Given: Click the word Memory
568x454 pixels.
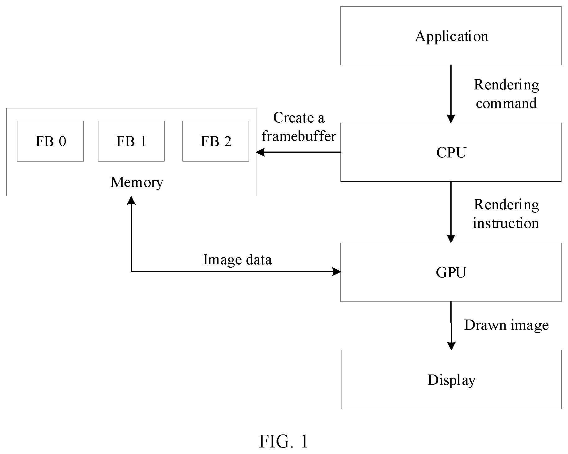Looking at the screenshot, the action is [x=137, y=182].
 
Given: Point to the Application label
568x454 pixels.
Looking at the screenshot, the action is [x=452, y=37].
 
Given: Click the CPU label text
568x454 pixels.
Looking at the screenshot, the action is [x=451, y=152].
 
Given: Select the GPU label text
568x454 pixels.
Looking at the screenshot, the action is [x=451, y=272].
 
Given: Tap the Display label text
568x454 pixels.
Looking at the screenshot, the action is [x=451, y=380].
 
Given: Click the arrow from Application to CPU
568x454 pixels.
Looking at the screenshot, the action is [x=451, y=94].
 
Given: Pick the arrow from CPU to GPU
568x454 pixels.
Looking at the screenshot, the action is [x=451, y=212].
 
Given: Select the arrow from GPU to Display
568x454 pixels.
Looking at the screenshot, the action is [x=451, y=326].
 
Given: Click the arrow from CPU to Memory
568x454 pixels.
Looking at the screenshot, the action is [x=299, y=152].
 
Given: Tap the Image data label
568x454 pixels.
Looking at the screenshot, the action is [x=237, y=260].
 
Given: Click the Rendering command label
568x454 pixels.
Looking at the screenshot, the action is [x=506, y=94].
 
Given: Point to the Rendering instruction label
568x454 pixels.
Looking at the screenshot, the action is [x=506, y=214].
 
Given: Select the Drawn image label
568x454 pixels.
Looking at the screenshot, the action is [x=507, y=325].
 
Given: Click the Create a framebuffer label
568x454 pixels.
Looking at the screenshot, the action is [x=299, y=127].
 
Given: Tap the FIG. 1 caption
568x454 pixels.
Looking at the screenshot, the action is [x=284, y=441].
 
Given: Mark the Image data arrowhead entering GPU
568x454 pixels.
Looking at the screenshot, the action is [x=337, y=272].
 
